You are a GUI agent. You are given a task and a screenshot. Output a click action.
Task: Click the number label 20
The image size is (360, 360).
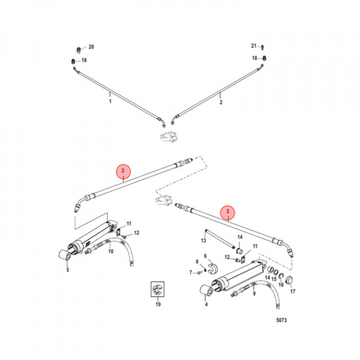coord(91,47)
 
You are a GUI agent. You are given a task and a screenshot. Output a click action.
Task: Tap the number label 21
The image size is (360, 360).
coord(253,46)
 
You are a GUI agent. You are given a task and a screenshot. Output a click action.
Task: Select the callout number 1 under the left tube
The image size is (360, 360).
coord(110,100)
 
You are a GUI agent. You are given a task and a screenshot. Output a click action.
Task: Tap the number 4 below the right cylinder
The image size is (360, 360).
coord(205,303)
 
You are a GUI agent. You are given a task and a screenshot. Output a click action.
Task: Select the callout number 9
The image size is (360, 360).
coord(254,294)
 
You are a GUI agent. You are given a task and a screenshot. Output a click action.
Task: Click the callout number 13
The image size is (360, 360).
coord(203,240)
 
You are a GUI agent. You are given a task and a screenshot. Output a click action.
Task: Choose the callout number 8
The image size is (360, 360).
coord(197,261)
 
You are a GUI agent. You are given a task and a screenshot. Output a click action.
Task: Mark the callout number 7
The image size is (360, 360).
coord(190,272)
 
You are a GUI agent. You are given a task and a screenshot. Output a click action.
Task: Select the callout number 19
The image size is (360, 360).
coord(158,304)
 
